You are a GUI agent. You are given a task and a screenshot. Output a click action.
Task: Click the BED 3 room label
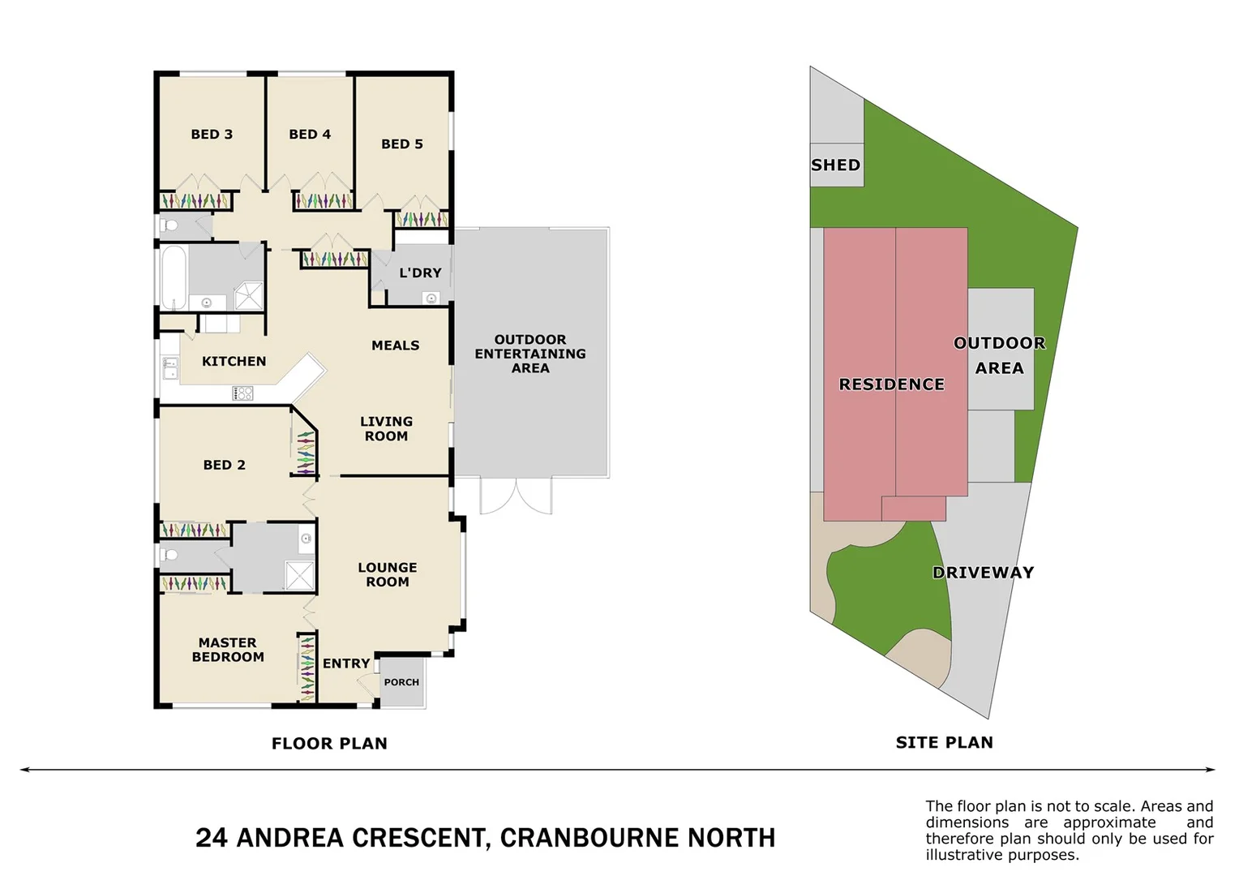[212, 135]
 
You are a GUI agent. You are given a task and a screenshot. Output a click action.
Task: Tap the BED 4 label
[310, 135]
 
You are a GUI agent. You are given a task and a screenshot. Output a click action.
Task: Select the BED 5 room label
[402, 144]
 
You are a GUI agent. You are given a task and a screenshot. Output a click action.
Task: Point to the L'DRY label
[420, 273]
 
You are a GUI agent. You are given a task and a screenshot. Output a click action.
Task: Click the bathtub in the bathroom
[174, 277]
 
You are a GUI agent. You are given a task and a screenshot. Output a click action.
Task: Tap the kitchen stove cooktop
[243, 393]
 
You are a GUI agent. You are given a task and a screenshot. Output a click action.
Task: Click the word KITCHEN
[234, 362]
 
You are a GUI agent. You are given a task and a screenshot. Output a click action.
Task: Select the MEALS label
[396, 346]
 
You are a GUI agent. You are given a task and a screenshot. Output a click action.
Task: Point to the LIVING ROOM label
[386, 429]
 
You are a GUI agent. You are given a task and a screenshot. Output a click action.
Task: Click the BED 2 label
[224, 466]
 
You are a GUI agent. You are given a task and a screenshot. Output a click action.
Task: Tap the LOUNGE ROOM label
[388, 575]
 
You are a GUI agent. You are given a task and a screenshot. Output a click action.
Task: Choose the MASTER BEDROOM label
[228, 650]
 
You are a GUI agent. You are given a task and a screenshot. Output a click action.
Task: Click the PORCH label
[401, 683]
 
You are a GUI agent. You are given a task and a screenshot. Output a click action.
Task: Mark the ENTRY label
[346, 663]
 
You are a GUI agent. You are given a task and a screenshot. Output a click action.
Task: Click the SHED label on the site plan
[835, 165]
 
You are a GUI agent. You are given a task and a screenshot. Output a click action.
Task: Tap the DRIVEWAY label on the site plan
[983, 573]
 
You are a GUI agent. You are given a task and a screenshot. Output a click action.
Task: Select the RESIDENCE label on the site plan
[891, 384]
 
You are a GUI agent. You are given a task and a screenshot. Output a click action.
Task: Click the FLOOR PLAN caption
[329, 744]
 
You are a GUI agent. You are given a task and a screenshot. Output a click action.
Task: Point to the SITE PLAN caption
[944, 742]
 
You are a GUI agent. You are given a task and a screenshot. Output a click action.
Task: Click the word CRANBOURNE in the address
[589, 838]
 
